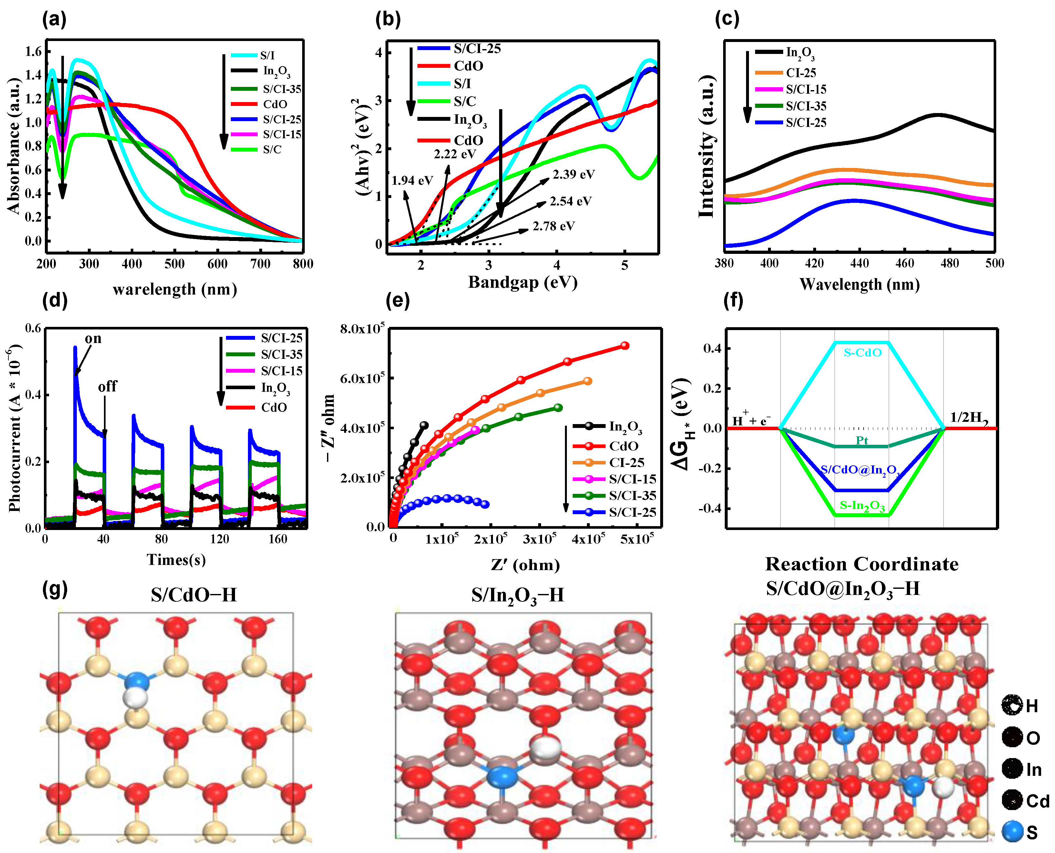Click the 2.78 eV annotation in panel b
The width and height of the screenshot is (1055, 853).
point(554,226)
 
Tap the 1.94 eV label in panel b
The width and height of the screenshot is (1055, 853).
point(412,180)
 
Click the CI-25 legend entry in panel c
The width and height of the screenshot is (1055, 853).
point(801,73)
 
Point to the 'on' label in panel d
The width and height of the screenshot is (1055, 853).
point(93,338)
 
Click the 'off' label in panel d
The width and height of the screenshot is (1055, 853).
point(107,387)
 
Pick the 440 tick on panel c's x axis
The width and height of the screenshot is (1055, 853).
point(859,263)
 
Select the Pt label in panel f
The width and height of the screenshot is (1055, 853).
point(862,440)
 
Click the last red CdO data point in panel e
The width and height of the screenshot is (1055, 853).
point(625,345)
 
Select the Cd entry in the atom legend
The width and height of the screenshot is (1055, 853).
point(1037,801)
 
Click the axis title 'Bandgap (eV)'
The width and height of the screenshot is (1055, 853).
point(523,282)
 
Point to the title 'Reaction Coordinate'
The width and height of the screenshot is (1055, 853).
point(862,564)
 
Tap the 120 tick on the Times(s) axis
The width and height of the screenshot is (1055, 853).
point(220,539)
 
